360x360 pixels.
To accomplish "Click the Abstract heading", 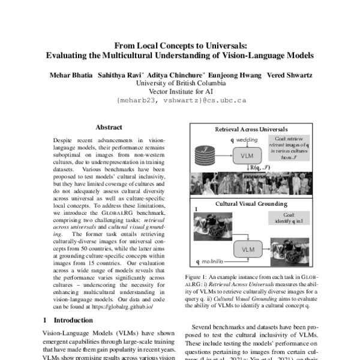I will [x=109, y=127].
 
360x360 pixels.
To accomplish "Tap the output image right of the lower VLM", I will [x=287, y=250].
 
